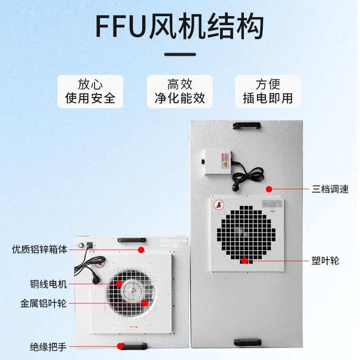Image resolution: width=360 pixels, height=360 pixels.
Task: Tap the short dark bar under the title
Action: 180,54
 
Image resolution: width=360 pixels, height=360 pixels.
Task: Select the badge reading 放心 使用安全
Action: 90,91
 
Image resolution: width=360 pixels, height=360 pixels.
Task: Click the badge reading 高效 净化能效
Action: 180,91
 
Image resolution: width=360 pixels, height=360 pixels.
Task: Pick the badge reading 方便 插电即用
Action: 268,91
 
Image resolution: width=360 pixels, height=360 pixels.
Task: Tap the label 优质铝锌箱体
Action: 40,249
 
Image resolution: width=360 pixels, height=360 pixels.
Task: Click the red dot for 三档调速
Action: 269,189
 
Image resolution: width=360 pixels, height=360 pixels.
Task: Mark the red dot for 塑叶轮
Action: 244,260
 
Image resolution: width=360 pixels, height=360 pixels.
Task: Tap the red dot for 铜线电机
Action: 119,283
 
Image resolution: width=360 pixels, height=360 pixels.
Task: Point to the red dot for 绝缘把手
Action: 120,346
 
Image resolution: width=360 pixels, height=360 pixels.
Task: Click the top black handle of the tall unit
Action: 247,125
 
